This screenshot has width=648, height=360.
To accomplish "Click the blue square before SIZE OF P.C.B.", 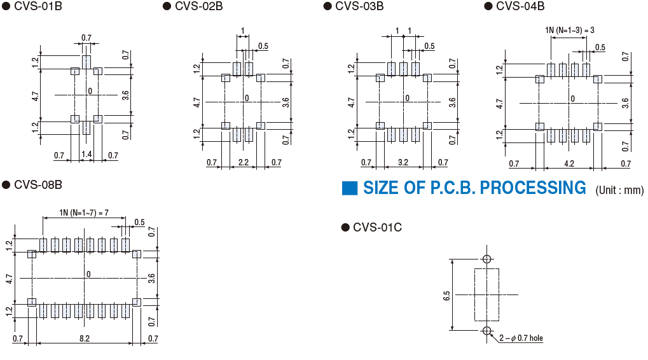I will coord(350,188).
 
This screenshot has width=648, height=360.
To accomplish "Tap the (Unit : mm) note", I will coord(619,190).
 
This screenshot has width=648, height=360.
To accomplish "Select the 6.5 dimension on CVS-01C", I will coord(446,295).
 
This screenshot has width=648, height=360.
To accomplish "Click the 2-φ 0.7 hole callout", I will coord(520,338).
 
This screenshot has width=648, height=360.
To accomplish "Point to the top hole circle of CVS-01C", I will coord(486,259).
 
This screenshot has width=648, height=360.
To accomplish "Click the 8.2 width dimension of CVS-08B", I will coord(85,339).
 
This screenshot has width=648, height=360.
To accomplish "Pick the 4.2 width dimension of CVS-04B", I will coord(569,163).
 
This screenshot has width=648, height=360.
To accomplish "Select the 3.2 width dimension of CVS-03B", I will coord(403,163).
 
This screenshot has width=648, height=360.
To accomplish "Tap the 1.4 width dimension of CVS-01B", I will coord(86,155).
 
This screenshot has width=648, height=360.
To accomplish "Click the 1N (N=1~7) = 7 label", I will coord(85,212).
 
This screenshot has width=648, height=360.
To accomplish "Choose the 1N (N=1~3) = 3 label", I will coord(569,30).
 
